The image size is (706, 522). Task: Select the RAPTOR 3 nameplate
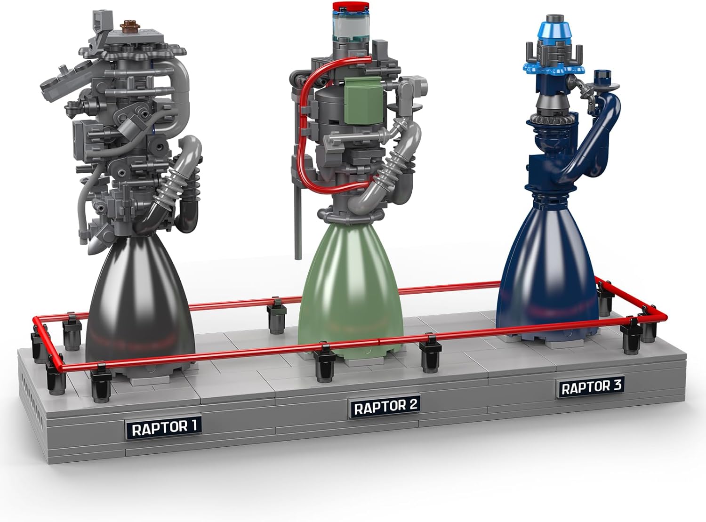[591, 387]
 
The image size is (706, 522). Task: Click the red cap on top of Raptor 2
[351, 7]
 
